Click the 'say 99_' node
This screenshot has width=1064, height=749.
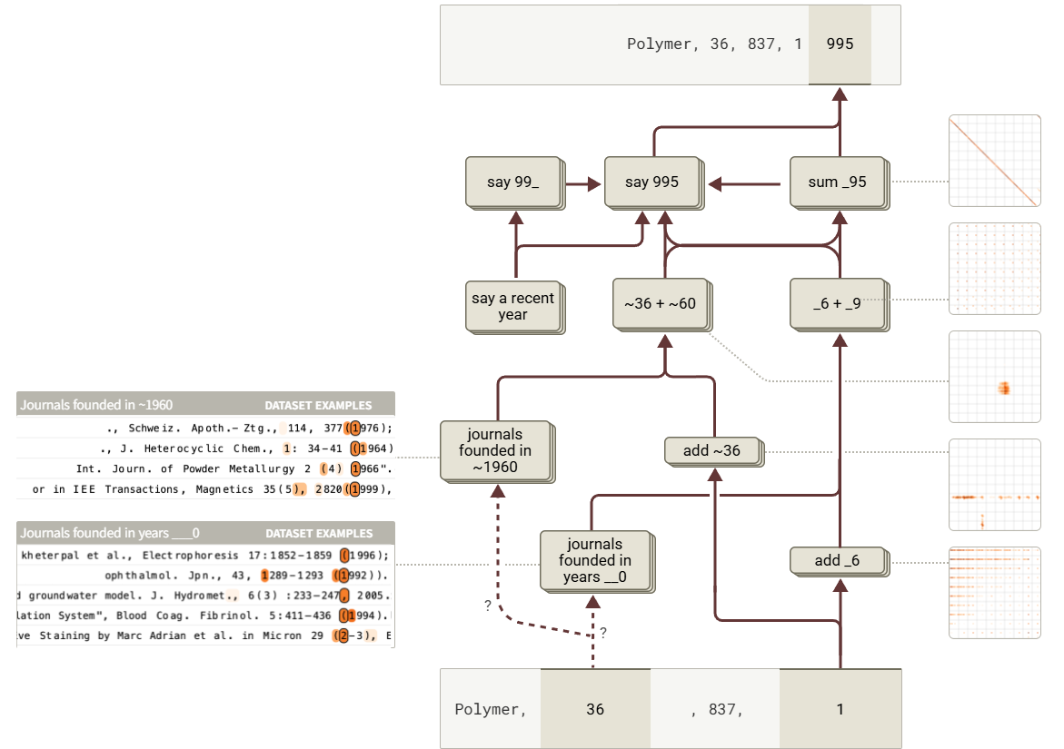coord(512,182)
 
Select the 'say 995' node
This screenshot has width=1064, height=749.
coord(651,182)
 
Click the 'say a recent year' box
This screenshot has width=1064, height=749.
coord(512,306)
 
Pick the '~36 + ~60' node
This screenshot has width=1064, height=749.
coord(660,303)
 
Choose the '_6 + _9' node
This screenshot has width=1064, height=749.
coord(836,303)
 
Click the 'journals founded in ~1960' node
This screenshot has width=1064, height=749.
coord(495,450)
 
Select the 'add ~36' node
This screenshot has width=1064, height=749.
coord(712,450)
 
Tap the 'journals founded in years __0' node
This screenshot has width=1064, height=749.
coord(594,561)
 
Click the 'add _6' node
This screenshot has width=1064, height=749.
coord(837,560)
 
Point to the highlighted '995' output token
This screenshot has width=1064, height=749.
coord(840,44)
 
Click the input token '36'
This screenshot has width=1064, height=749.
coord(595,709)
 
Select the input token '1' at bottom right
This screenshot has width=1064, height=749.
coord(840,709)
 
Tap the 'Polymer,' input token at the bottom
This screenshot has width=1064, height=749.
coord(491,709)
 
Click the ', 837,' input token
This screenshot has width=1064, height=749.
coord(716,709)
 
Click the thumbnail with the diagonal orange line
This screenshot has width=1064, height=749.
coord(994,161)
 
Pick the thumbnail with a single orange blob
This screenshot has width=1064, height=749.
coord(994,377)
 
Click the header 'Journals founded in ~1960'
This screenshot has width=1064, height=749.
coord(97,405)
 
